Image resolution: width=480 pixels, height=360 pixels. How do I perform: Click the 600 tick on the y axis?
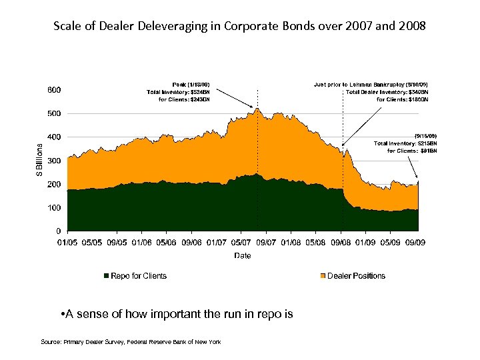(55, 90)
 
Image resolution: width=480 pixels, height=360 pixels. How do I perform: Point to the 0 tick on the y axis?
(59, 231)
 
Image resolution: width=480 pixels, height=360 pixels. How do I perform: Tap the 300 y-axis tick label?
(55, 161)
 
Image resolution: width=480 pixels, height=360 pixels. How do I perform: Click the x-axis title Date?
(243, 255)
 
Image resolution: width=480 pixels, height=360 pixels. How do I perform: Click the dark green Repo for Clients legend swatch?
(105, 276)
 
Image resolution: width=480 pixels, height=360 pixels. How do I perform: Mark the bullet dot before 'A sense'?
(61, 314)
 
